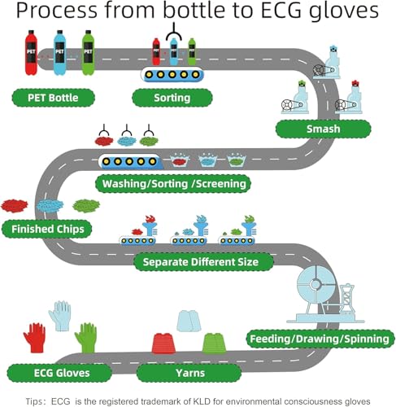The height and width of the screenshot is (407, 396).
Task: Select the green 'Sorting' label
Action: click(172, 98)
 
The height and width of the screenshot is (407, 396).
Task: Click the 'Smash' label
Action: click(323, 129)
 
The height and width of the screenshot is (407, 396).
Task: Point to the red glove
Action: click(35, 338)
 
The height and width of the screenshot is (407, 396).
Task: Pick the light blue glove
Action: click(60, 316)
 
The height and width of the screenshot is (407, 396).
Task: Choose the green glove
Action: click(86, 338)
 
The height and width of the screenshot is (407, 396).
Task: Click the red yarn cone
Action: click(163, 344)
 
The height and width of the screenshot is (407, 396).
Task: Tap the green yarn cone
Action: click(214, 344)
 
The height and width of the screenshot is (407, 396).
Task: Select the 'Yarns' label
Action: click(189, 373)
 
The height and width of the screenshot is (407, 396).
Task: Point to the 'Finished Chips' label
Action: click(47, 229)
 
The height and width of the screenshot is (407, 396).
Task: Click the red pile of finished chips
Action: click(15, 205)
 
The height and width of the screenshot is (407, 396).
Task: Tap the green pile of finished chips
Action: click(86, 205)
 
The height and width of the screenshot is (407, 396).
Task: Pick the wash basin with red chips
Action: click(180, 160)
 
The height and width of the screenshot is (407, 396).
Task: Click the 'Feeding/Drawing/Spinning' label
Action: click(320, 339)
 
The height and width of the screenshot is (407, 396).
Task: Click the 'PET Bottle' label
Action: click(54, 98)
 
